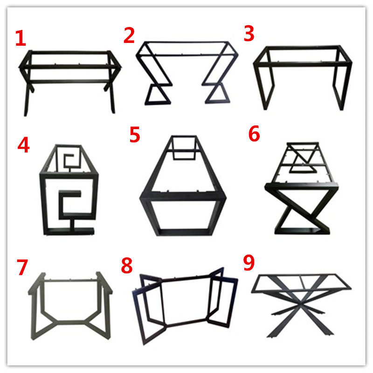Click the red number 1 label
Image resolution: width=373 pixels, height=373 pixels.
tap(20, 39)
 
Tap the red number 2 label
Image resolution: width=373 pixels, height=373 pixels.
tap(129, 36)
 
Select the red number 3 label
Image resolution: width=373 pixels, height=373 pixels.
tap(249, 35)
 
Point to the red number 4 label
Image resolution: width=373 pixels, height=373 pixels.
tap(23, 145)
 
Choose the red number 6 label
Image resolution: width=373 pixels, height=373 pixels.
tap(254, 134)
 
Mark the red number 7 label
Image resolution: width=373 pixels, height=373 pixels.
tap(22, 267)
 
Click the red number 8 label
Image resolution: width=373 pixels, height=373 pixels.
tap(126, 266)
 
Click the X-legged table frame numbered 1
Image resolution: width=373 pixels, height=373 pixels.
tap(70, 79)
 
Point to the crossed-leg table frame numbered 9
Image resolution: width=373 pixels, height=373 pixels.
tap(301, 301)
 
